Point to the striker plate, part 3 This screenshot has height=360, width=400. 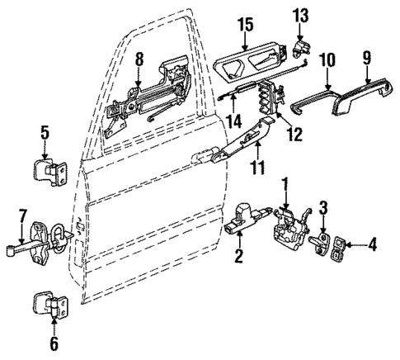point(324,245)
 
